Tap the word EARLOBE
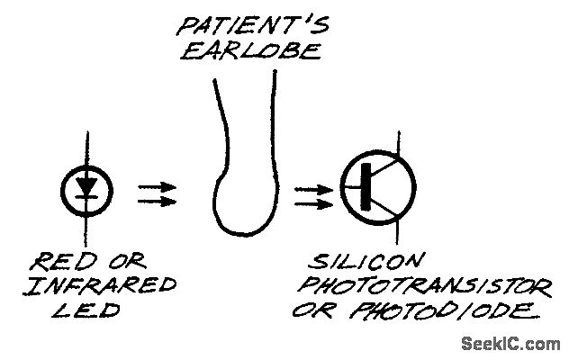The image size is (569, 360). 249,50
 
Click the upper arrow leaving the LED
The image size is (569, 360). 158,186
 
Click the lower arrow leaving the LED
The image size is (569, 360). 158,200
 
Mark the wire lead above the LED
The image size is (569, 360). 87,148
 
